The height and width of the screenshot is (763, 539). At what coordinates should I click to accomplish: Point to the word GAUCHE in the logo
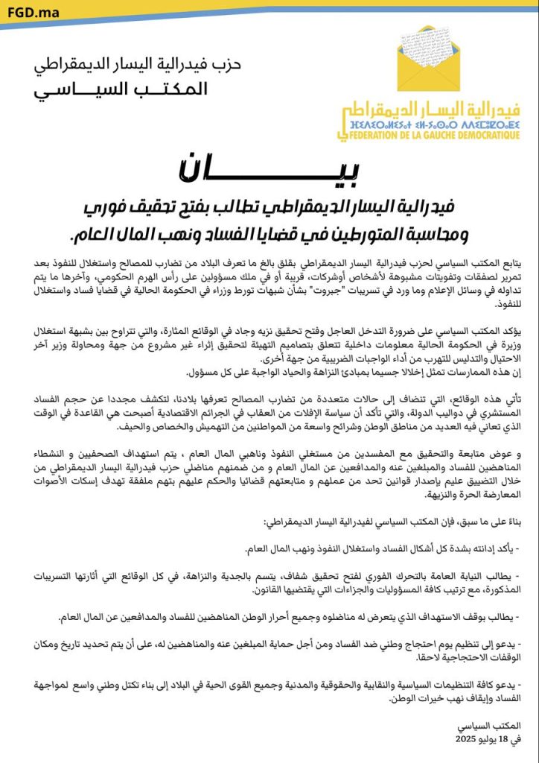point(449,136)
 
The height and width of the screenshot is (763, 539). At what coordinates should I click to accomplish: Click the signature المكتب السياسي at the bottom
point(501,725)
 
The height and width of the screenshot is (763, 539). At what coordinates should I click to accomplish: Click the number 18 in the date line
point(495,738)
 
